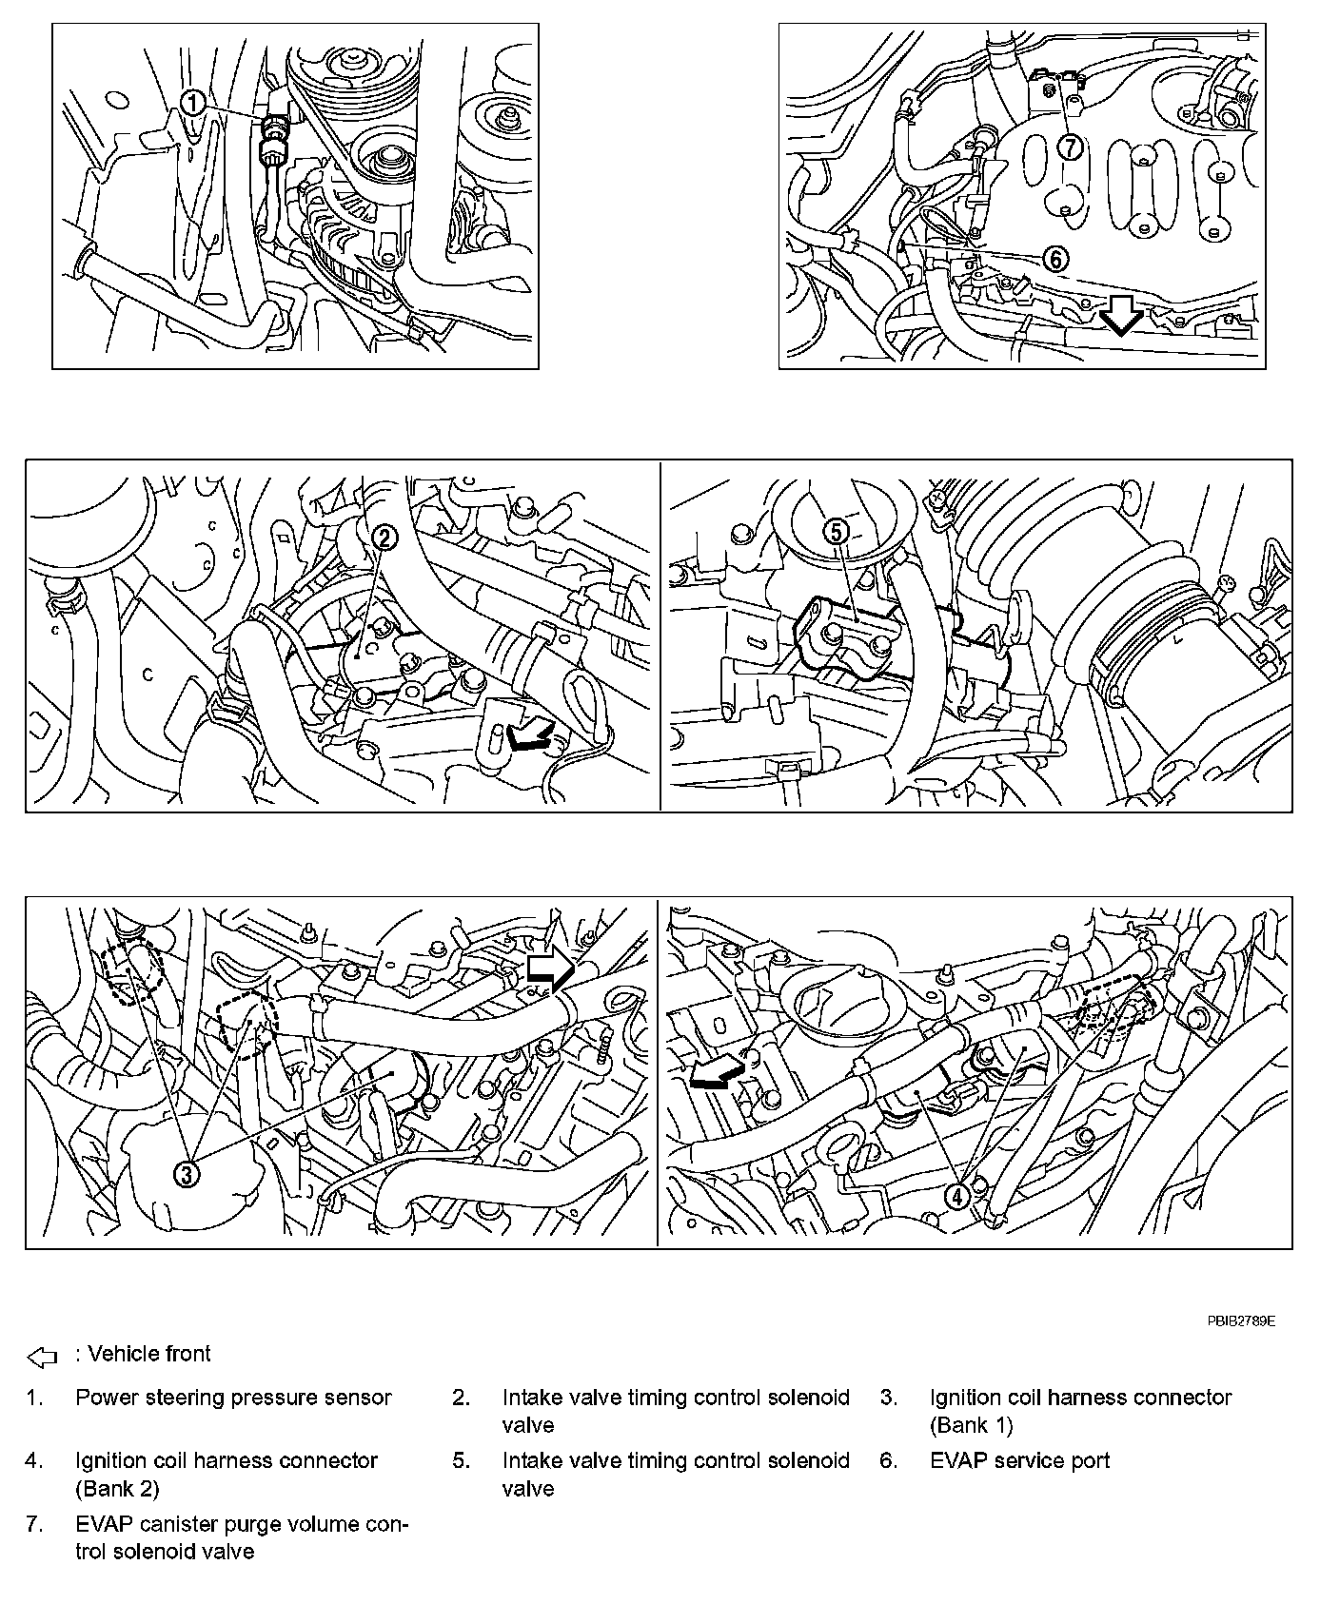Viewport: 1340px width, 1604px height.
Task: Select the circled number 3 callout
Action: click(x=187, y=1174)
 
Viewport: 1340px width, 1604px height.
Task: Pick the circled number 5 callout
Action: click(x=836, y=533)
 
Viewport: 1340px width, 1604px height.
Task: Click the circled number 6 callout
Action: click(x=1055, y=258)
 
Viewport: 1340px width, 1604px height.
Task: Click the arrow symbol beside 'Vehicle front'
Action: click(x=43, y=1356)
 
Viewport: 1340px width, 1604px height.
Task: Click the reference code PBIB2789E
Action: click(x=1241, y=1320)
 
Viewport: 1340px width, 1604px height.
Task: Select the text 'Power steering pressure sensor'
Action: click(x=233, y=1398)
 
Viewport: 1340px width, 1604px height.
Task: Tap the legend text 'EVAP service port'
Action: click(x=1019, y=1460)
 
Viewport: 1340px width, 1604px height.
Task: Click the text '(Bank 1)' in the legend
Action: click(x=971, y=1425)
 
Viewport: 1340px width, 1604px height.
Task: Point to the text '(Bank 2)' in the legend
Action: click(x=117, y=1488)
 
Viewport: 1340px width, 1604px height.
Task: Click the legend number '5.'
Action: click(x=462, y=1460)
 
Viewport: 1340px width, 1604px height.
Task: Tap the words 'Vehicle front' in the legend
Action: click(x=148, y=1354)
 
